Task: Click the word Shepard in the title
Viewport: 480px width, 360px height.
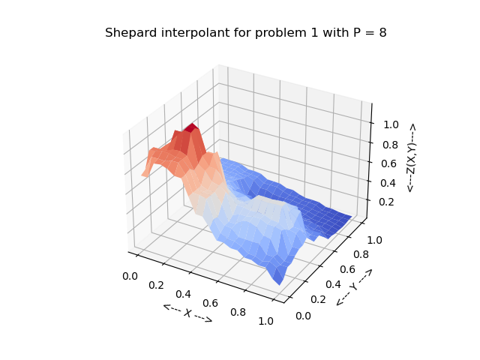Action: pos(129,33)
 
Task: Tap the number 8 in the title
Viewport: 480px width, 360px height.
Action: pos(382,33)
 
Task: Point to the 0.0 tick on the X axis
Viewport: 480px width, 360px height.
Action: pos(130,276)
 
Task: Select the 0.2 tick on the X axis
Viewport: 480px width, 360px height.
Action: pos(157,285)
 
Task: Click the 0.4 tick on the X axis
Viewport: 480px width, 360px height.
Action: pos(185,294)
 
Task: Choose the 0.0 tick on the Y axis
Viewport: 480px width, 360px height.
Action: pos(303,316)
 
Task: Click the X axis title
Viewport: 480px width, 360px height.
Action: pos(187,313)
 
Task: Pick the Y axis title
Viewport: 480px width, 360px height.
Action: pos(354,287)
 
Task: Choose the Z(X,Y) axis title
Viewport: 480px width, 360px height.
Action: pos(411,157)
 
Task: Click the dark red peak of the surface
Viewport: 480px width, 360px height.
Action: pos(193,127)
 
